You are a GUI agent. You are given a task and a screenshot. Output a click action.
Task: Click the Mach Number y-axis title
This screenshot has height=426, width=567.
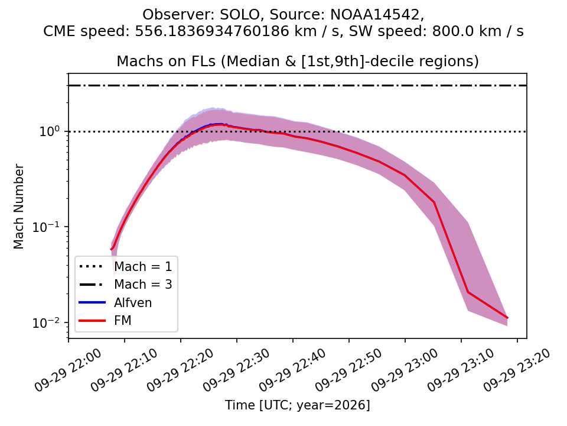[x=18, y=206]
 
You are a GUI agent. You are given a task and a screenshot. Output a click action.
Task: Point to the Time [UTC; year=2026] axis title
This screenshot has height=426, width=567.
[x=298, y=405]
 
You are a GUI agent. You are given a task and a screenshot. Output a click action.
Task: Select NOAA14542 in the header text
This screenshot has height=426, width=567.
[x=376, y=15]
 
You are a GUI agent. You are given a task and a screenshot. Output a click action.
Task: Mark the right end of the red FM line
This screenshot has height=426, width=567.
[x=508, y=318]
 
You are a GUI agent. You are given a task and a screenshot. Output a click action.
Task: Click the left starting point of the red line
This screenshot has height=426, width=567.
[x=110, y=249]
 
